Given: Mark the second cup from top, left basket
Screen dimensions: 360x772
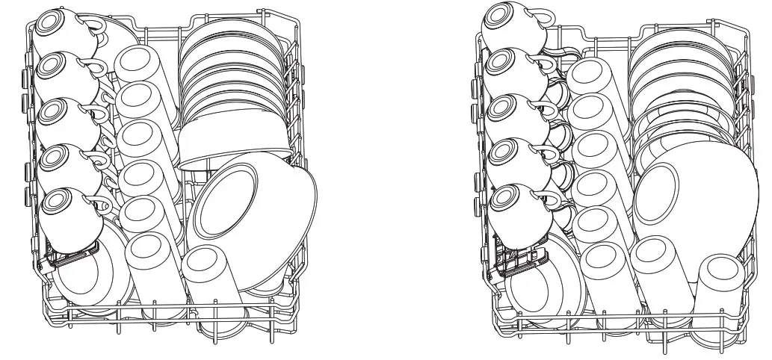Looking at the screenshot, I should [x=64, y=75].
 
